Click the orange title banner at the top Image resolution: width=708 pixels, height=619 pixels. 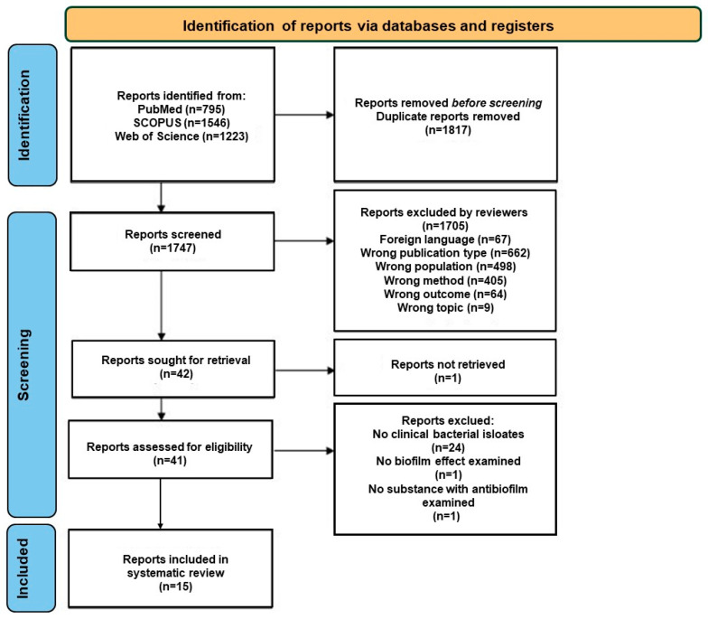click(383, 24)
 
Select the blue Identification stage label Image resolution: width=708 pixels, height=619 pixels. click(33, 115)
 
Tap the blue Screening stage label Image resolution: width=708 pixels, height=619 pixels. click(33, 364)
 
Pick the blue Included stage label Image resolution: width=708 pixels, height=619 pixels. click(32, 567)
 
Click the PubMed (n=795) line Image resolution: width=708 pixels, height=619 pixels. click(181, 109)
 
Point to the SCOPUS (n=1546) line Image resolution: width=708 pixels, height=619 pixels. click(182, 123)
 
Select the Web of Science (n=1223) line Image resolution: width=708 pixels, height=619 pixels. click(182, 136)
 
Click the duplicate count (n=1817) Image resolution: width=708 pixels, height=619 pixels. click(448, 130)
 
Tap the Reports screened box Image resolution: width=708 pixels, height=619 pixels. click(172, 241)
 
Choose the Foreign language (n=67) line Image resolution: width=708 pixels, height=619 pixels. click(444, 239)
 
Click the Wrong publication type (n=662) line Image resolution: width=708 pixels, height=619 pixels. click(444, 253)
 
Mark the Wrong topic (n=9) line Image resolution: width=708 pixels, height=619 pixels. click(445, 307)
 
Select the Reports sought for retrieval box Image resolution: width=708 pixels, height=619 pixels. click(173, 369)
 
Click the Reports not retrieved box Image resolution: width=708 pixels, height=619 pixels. click(444, 368)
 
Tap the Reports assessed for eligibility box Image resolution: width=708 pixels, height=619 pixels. click(171, 449)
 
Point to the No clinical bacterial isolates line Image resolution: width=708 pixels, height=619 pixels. click(448, 434)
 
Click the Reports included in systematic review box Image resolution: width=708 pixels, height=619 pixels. click(171, 568)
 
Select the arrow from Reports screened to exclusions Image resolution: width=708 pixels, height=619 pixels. click(304, 240)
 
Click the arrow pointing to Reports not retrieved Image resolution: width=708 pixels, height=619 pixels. click(305, 370)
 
